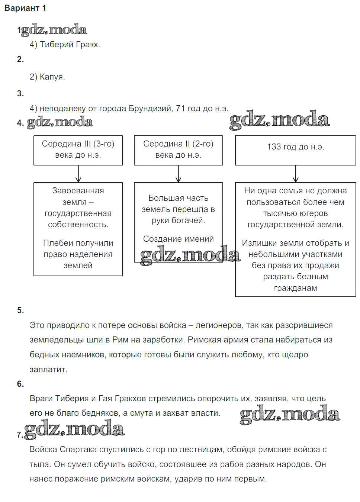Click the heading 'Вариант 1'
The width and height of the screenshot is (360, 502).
(x=25, y=8)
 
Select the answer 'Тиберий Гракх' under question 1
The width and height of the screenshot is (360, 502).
(x=70, y=45)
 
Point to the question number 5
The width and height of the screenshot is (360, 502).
(x=20, y=310)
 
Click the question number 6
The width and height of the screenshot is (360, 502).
(x=20, y=384)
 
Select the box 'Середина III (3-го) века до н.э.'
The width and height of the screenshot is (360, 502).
(x=78, y=150)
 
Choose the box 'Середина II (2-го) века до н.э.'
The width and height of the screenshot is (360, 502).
(x=178, y=150)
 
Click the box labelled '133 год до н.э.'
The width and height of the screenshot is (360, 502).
(x=295, y=150)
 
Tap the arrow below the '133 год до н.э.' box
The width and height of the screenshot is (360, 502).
(x=296, y=174)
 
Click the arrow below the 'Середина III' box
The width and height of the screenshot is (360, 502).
(x=78, y=174)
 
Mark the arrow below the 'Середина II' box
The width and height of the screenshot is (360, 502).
(x=179, y=174)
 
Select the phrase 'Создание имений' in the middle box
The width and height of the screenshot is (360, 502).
(x=178, y=239)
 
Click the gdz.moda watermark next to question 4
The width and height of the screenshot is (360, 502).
(x=60, y=122)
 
